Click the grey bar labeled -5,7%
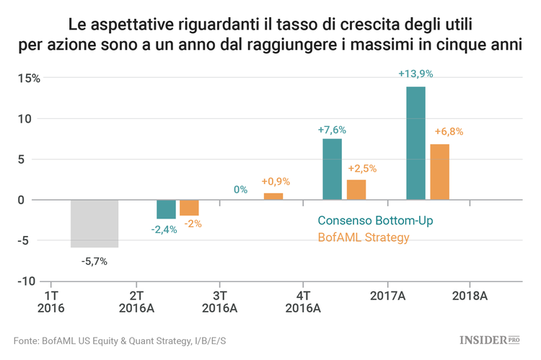pos(94,224)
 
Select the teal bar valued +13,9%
pos(415,143)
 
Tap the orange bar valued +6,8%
pos(439,172)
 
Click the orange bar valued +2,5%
pos(356,190)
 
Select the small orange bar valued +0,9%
pos(273,196)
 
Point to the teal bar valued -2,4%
pos(166,209)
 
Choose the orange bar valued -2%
pos(189,208)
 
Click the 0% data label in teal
pos(240,190)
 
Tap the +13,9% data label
pos(415,74)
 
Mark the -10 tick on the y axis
pos(27,281)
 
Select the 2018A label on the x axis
pos(470,296)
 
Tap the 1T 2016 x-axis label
pos(50,302)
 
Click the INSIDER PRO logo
pos(490,339)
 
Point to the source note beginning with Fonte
pos(120,340)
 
